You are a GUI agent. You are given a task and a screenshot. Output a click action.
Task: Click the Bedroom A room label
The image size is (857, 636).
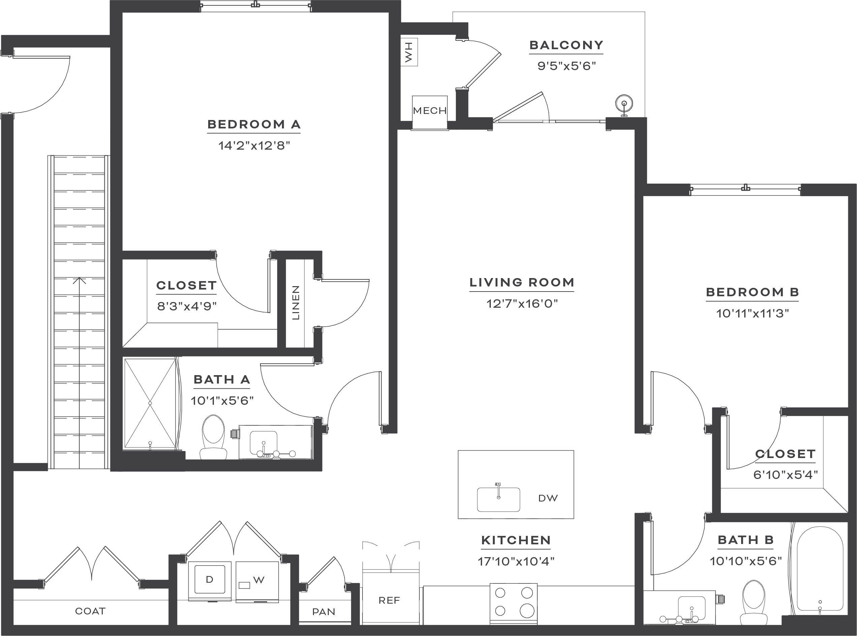254,125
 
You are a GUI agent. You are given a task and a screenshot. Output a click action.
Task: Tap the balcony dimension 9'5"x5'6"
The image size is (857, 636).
567,66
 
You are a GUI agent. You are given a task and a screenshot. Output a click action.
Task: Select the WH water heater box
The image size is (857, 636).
409,52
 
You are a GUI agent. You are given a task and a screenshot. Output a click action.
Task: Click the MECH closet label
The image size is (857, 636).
430,111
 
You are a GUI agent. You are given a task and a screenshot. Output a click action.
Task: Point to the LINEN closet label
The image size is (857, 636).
295,303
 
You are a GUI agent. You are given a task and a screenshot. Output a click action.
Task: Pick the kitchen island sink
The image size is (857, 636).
498,499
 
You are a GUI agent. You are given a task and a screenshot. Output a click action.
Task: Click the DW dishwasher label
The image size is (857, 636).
548,498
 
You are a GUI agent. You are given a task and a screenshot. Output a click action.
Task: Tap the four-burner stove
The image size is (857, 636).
513,603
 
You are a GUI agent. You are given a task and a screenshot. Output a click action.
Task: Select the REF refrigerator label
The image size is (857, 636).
389,600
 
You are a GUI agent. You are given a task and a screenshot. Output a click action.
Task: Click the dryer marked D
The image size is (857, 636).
210,579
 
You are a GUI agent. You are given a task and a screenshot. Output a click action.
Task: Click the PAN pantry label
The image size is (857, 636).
324,612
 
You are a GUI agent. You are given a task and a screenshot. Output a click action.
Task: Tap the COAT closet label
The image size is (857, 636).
90,611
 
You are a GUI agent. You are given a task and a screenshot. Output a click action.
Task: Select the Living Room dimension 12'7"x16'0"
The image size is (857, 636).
522,304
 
